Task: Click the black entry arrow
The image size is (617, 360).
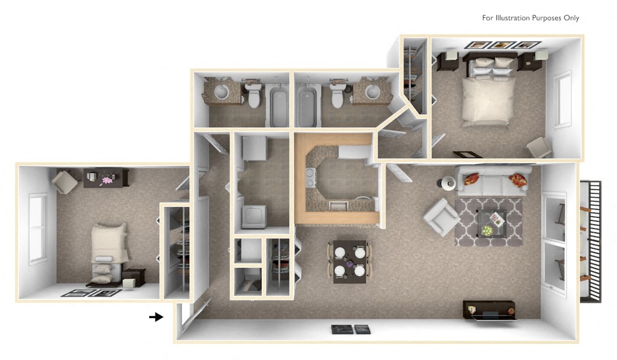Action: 156,317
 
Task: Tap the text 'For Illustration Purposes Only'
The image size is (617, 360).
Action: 531,18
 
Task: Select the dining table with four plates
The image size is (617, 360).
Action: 349,261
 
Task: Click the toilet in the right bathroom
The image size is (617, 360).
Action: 337,95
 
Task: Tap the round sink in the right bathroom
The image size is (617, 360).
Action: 373,93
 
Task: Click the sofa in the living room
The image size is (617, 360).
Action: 493,180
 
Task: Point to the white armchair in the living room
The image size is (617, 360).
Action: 441,217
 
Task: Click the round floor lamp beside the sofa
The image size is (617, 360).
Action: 447,183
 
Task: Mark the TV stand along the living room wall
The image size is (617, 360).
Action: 489,310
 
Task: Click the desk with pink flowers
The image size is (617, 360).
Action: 106,178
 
